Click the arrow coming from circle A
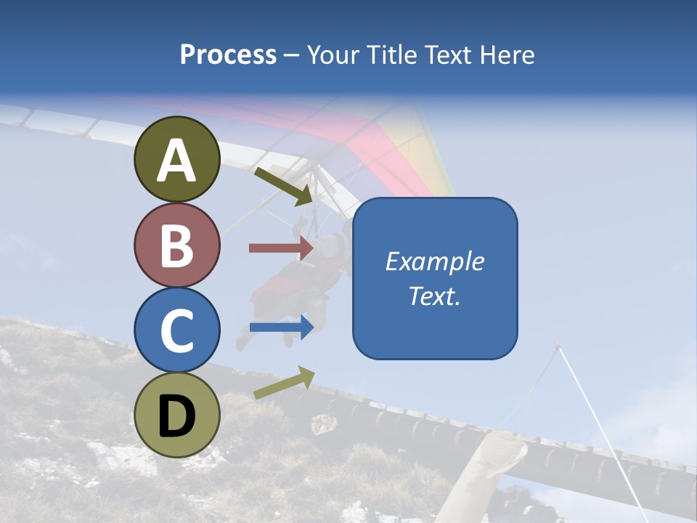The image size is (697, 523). tap(283, 185)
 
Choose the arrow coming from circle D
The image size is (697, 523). tap(284, 383)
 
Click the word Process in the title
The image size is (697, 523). tap(228, 54)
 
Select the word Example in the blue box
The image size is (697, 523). tap(434, 261)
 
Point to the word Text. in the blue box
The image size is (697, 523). tap(434, 296)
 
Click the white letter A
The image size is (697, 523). tap(177, 161)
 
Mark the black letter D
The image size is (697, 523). tap(177, 416)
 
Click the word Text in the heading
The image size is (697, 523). tap(451, 54)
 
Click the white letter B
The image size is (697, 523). tap(177, 246)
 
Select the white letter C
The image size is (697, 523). tap(177, 331)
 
